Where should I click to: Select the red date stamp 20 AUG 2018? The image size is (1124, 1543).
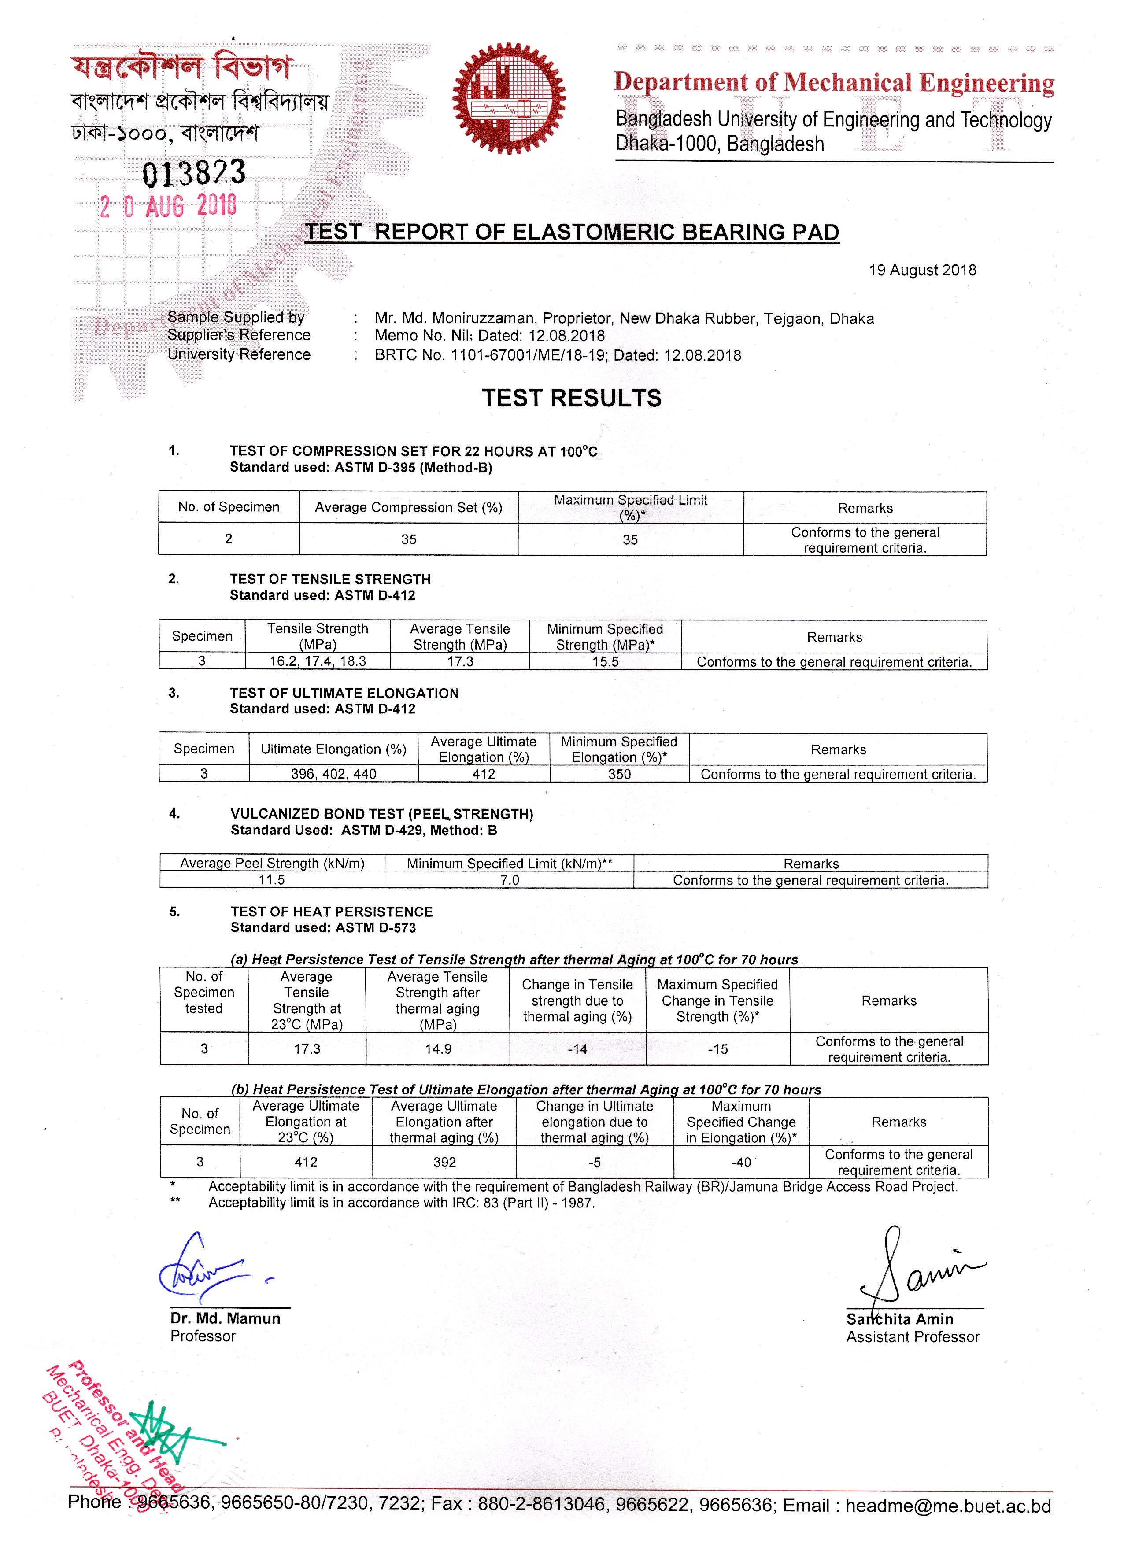point(168,206)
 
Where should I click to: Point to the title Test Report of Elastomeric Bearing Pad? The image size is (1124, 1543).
point(572,232)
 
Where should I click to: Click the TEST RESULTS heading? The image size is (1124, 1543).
point(572,398)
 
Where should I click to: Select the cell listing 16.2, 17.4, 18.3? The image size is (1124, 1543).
point(318,661)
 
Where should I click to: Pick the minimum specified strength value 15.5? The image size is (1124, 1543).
point(605,662)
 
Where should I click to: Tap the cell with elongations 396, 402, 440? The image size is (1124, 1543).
point(333,774)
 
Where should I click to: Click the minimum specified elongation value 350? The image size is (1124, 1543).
point(619,774)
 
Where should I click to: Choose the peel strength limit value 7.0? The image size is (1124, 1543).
point(509,880)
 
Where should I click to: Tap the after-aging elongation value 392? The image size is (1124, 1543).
point(444,1163)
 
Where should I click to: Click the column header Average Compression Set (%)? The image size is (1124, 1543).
point(408,508)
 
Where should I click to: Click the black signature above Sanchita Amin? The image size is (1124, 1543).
point(912,1269)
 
